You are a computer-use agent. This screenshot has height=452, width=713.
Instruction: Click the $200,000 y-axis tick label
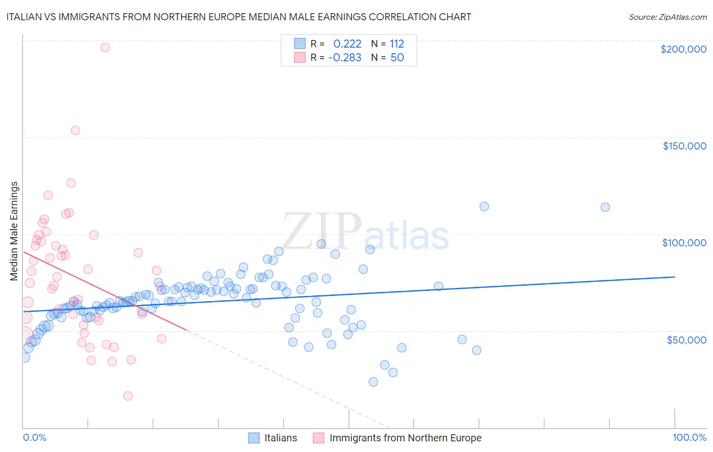[x=683, y=49]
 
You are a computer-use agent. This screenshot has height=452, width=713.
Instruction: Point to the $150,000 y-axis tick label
[x=684, y=146]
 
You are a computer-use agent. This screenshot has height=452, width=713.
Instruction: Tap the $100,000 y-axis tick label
[x=684, y=243]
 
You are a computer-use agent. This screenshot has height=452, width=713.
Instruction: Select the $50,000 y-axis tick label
[x=686, y=340]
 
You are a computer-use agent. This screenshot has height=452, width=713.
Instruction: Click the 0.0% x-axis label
[x=34, y=437]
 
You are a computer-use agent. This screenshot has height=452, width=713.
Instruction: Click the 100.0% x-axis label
[x=689, y=437]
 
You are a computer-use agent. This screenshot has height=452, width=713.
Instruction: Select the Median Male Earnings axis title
[x=14, y=231]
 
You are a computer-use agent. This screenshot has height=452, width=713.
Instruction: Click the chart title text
[x=239, y=17]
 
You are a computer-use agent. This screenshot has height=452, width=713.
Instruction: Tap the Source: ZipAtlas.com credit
[x=667, y=17]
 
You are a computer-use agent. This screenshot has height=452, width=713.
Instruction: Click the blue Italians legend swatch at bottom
[x=254, y=438]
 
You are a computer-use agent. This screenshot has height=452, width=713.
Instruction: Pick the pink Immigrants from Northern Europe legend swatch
[x=318, y=438]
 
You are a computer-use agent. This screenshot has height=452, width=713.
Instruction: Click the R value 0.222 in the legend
[x=347, y=44]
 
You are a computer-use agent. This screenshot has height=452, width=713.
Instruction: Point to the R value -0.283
[x=344, y=57]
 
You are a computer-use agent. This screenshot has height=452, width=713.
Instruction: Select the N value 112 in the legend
[x=397, y=44]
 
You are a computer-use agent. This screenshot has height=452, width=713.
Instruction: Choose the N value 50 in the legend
[x=397, y=57]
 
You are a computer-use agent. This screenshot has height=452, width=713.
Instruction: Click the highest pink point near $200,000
[x=105, y=48]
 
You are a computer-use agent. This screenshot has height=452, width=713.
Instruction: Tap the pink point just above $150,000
[x=75, y=130]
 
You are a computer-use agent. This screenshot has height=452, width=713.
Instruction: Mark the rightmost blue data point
[x=605, y=207]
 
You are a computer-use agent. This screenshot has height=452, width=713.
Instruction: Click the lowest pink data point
[x=128, y=396]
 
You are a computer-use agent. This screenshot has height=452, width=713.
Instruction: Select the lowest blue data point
[x=373, y=382]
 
